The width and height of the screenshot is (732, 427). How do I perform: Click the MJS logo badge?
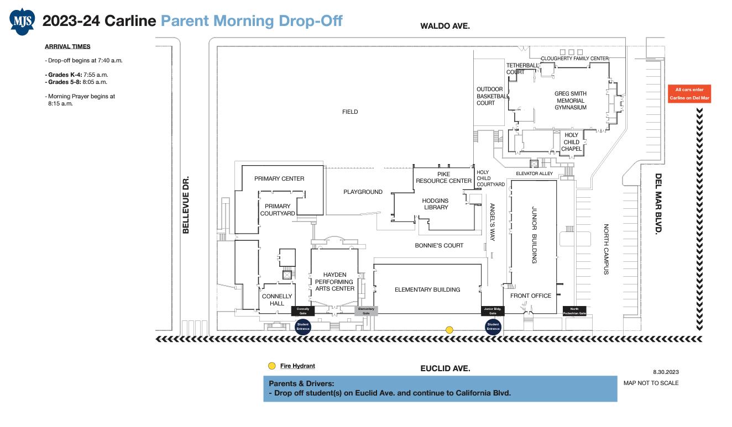[x=22, y=22]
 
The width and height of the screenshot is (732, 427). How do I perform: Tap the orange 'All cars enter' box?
[x=689, y=93]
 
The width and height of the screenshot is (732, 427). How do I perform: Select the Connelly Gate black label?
[x=302, y=311]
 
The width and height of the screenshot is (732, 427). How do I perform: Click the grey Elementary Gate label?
[x=366, y=311]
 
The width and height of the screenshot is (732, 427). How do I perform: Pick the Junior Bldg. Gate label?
[x=493, y=311]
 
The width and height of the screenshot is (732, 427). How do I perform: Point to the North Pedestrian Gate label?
[x=574, y=311]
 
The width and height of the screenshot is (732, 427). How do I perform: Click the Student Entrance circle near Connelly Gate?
[x=302, y=326]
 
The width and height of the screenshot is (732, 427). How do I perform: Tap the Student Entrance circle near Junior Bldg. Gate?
[x=493, y=326]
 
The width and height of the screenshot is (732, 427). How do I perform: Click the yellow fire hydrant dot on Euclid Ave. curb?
[x=449, y=330]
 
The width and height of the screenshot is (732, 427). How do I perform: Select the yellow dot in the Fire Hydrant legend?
[x=271, y=366]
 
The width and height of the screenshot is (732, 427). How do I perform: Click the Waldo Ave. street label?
[x=445, y=26]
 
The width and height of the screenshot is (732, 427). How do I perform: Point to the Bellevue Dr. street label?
[x=186, y=205]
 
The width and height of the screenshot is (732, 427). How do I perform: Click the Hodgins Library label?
[x=435, y=204]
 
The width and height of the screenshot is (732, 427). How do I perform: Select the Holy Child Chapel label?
[x=571, y=142]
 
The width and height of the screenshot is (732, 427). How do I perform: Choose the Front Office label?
[x=530, y=296]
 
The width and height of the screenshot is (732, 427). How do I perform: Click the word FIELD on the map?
[x=350, y=112]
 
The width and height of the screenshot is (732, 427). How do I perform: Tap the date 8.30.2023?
[x=666, y=372]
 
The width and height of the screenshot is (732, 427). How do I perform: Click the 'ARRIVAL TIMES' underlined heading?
[x=67, y=46]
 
